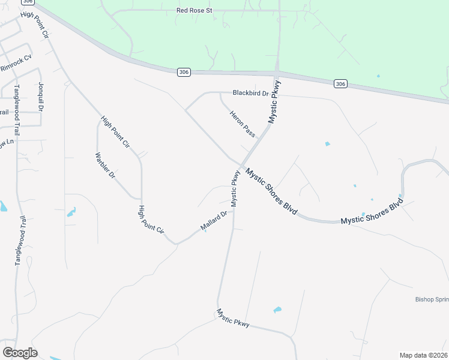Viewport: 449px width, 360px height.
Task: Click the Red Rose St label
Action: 194,10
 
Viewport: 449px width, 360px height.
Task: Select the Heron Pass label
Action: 242,123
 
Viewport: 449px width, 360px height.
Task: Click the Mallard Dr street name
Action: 214,221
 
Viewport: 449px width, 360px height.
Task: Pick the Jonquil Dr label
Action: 41,96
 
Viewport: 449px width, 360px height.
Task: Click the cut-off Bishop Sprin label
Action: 431,299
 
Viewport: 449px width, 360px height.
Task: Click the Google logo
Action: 20,353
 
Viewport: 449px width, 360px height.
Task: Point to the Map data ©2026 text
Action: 423,355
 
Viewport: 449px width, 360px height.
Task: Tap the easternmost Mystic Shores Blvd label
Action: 371,212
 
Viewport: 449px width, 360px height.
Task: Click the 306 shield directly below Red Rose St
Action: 184,72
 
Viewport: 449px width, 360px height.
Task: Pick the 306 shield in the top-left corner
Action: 22,2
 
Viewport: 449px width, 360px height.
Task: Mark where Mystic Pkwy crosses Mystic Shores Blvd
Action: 241,165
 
